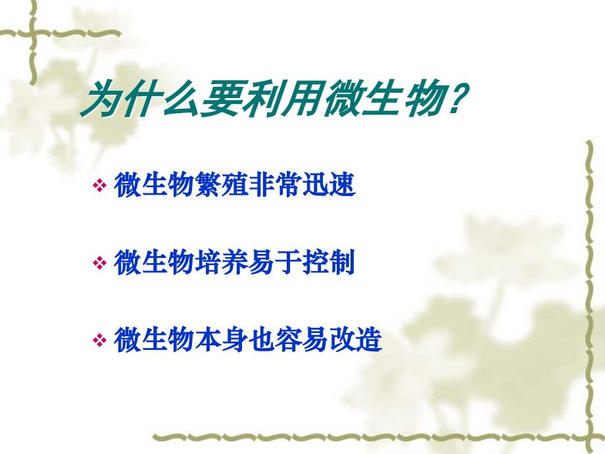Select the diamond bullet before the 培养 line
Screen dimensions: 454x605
click(99, 264)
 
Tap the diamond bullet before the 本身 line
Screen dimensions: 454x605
click(99, 341)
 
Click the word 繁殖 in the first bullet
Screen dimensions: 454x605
click(222, 186)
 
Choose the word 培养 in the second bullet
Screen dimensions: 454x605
click(222, 263)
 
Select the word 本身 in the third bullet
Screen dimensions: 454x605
click(222, 340)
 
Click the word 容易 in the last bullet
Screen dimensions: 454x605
click(302, 340)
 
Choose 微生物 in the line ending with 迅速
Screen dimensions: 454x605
click(154, 186)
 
